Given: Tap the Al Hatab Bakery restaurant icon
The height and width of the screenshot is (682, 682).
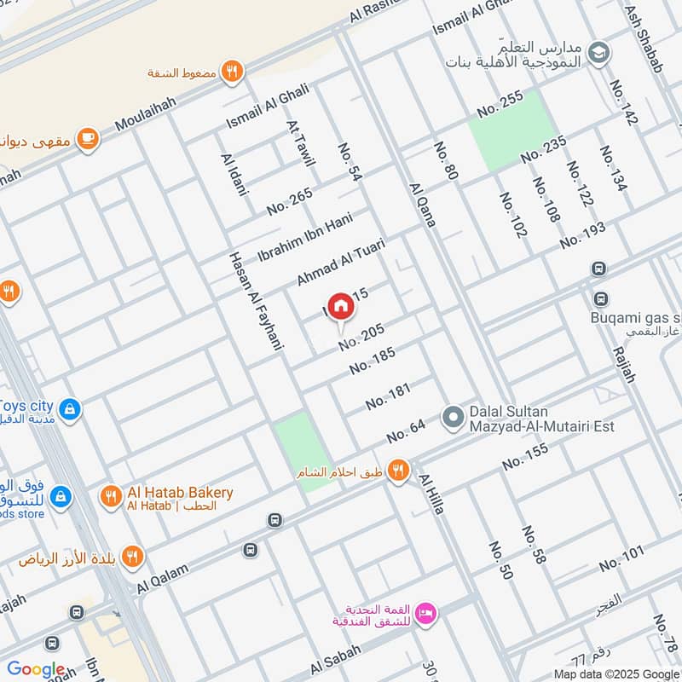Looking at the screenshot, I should point(110,494).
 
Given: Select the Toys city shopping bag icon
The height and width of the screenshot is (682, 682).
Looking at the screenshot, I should point(72,409).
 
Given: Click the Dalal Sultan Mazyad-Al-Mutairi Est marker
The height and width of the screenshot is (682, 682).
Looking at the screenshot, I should point(453,417).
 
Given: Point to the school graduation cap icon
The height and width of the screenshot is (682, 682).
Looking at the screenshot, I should point(599,51).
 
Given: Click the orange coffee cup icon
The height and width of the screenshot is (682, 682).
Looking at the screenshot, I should point(87,138).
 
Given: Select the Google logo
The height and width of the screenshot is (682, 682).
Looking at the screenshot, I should point(36,670).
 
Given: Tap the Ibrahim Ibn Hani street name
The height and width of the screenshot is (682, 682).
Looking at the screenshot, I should point(304,239).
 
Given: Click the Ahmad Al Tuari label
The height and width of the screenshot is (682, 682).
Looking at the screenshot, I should point(340,262).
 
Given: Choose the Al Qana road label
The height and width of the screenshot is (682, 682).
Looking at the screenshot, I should point(422,205).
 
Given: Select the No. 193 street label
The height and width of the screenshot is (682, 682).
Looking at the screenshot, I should point(582,235).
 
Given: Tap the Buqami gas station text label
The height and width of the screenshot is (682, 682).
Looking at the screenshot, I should point(635,319).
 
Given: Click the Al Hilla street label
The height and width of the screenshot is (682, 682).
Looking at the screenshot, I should point(430,494).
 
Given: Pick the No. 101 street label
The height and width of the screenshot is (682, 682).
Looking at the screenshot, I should point(621,559).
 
